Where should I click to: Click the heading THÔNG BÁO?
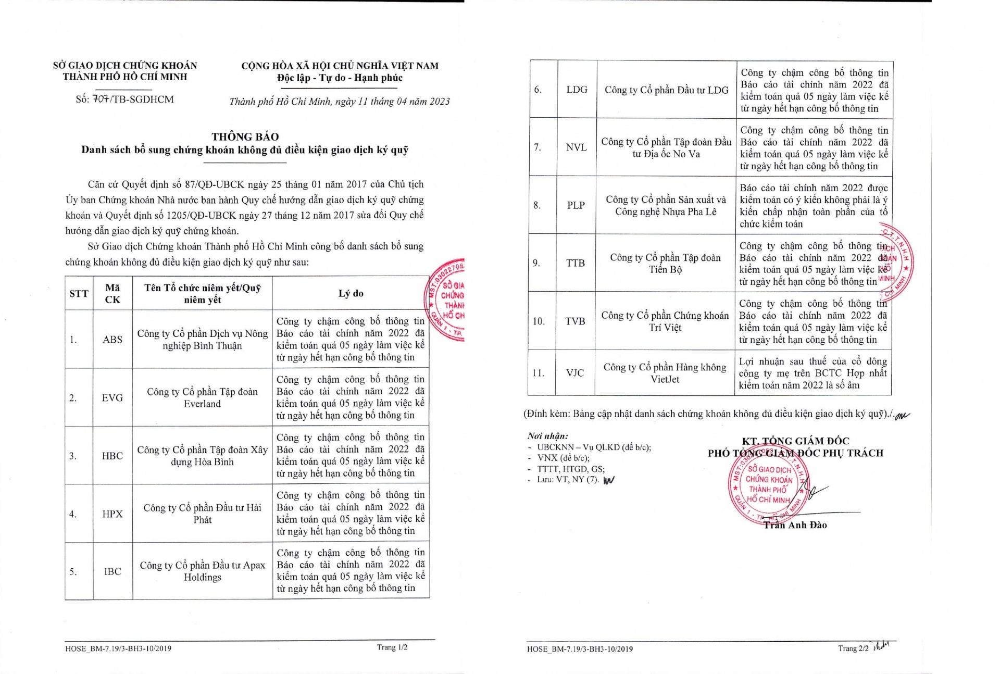tap(245, 137)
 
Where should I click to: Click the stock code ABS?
tap(113, 340)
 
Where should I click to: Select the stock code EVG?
tap(113, 398)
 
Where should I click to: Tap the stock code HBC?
tap(113, 456)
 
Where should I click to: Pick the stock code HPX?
tap(113, 514)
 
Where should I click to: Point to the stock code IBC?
tap(113, 571)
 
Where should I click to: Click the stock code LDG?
tap(577, 90)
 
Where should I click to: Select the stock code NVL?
tap(576, 147)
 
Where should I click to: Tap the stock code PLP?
tap(576, 205)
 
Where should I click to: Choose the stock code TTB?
tap(576, 263)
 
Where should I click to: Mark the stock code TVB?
tap(576, 321)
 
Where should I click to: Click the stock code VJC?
tap(575, 373)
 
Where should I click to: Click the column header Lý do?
tap(351, 293)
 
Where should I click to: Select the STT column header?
tap(79, 294)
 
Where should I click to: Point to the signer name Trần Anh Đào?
tap(795, 525)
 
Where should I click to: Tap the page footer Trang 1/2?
tap(392, 647)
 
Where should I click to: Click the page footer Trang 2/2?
tap(853, 648)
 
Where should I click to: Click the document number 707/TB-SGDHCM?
tap(125, 99)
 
